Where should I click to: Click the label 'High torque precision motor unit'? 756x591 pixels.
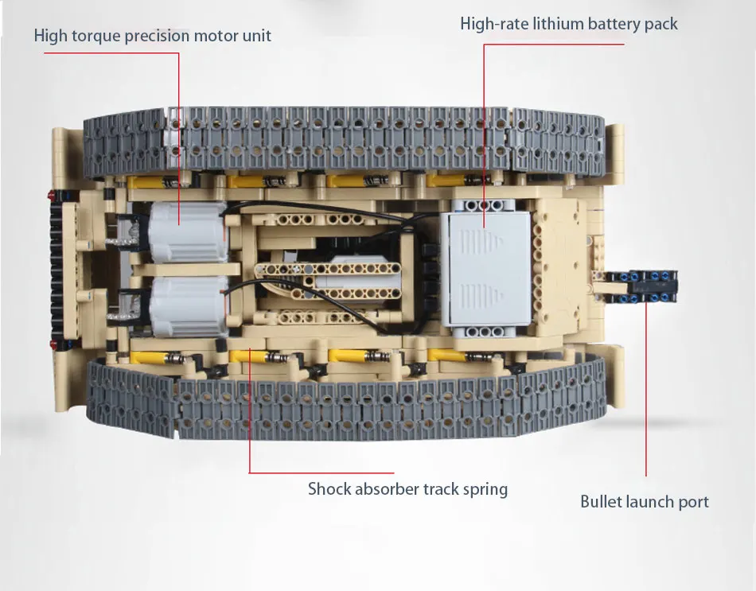point(152,36)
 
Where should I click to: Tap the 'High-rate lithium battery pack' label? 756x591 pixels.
point(568,23)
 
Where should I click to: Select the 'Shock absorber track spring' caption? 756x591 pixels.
point(407,488)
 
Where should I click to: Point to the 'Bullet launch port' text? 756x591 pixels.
point(644,501)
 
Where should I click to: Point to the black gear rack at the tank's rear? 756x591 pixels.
point(57,270)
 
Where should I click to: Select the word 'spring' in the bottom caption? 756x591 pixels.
point(485,489)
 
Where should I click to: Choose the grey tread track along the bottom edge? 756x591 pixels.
point(342,399)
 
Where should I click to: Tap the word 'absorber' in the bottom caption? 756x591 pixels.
point(388,488)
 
